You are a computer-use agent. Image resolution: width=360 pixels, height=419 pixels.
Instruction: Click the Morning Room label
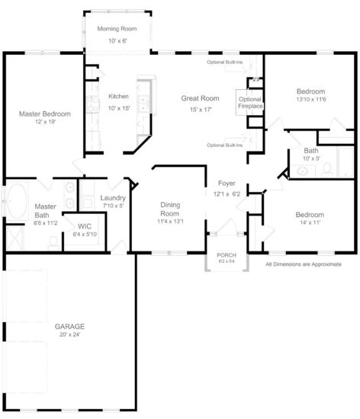(117, 29)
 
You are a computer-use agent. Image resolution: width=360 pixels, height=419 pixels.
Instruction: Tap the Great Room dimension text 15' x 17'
(201, 110)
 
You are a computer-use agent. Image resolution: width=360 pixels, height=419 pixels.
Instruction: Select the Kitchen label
(118, 96)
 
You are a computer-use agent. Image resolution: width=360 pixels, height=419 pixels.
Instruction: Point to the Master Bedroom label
(45, 114)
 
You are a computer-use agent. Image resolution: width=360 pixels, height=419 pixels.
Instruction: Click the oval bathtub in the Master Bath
(17, 200)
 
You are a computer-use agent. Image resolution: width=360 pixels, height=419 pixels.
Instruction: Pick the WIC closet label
(85, 226)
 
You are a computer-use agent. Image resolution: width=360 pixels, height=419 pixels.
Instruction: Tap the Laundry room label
(113, 198)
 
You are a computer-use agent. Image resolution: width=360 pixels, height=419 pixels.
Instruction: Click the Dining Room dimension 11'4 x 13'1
(170, 221)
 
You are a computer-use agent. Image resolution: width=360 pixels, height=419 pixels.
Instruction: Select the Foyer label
(227, 184)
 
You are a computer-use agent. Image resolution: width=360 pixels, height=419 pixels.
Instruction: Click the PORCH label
(227, 255)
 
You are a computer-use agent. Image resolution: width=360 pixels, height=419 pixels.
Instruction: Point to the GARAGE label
(69, 326)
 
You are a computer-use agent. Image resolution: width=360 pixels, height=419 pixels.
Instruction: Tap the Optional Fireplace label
(250, 103)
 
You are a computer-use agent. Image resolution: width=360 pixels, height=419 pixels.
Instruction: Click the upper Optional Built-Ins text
(225, 62)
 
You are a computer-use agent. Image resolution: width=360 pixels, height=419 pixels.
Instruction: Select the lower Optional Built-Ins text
(225, 145)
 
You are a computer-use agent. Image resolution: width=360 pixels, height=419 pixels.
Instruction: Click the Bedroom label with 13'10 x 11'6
(310, 91)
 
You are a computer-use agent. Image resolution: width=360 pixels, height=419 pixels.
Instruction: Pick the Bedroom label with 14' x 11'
(310, 215)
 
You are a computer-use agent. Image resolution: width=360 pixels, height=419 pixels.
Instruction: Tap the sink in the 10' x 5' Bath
(302, 171)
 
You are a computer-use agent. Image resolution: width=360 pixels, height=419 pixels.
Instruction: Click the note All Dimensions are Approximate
(304, 264)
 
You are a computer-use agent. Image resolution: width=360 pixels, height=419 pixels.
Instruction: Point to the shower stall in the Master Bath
(15, 238)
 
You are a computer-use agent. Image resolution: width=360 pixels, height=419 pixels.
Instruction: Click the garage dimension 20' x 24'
(70, 334)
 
